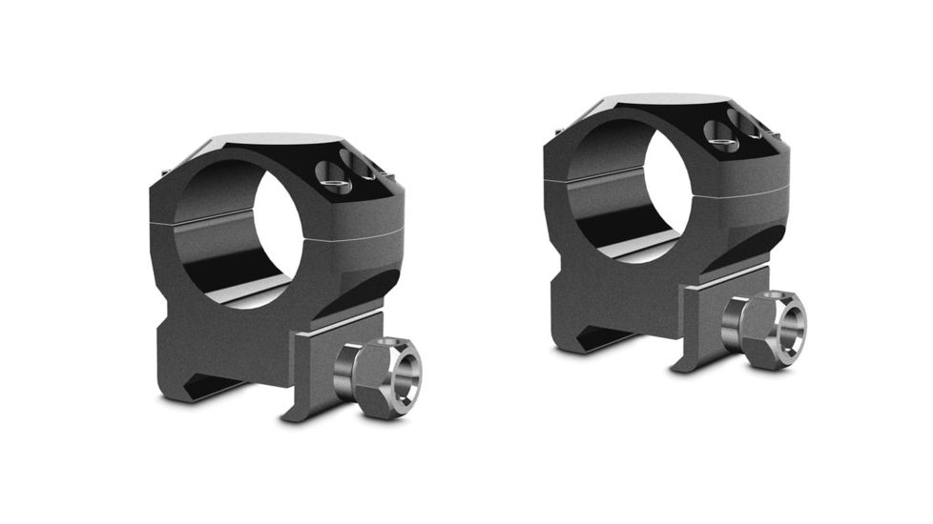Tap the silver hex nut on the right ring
tap(763, 330)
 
